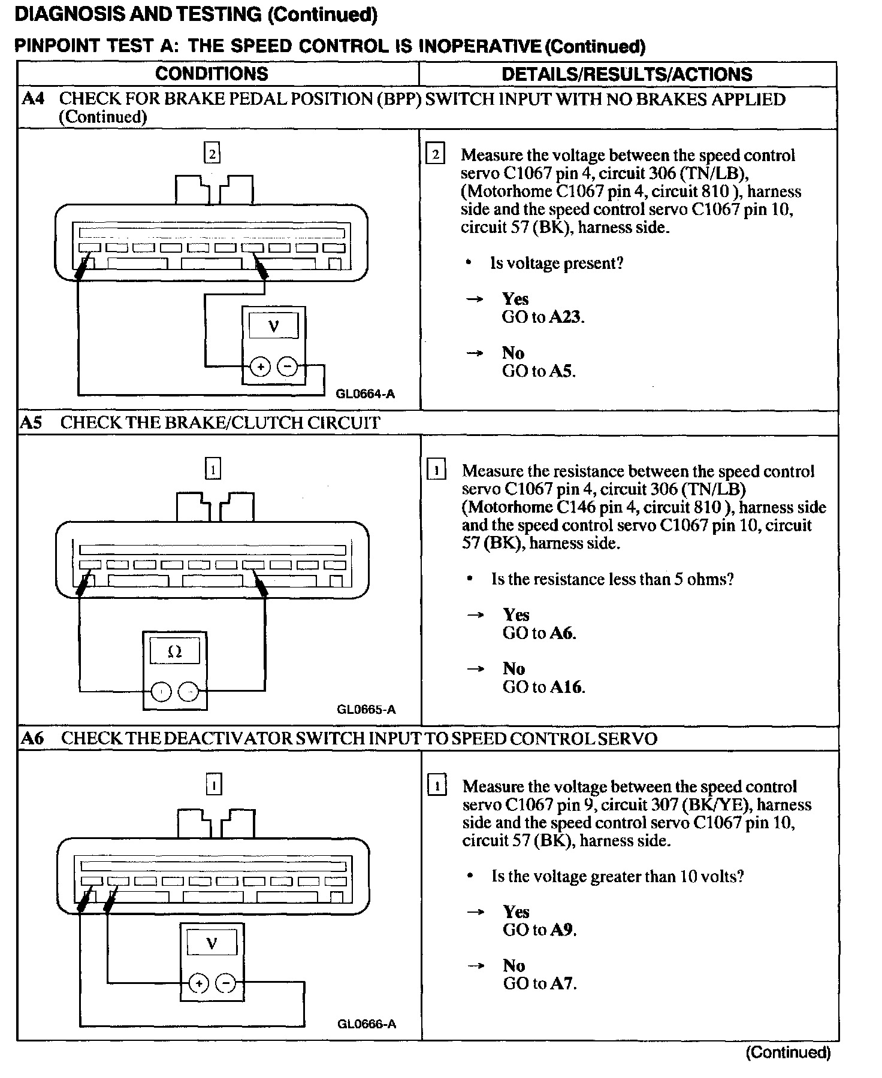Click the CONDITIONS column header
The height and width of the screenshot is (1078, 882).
pos(212,74)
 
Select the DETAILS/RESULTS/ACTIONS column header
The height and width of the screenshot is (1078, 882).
pos(627,74)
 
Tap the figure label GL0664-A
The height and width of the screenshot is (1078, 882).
pos(365,394)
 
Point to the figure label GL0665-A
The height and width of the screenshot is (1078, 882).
pos(366,710)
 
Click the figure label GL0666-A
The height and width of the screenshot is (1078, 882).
pos(367,1024)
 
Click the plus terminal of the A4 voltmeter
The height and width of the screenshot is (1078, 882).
pos(260,366)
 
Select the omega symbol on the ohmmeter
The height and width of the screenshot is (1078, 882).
pos(175,652)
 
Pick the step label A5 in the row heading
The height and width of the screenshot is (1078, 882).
pos(31,423)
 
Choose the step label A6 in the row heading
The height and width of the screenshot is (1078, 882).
pos(32,738)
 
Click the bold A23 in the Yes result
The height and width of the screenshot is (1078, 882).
pos(565,317)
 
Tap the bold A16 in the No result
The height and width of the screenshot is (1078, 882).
pos(566,687)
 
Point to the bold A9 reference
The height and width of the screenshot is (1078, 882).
pos(563,929)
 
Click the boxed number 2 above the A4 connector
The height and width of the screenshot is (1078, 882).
pos(212,154)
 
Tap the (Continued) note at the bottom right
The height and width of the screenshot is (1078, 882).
pos(788,1052)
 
